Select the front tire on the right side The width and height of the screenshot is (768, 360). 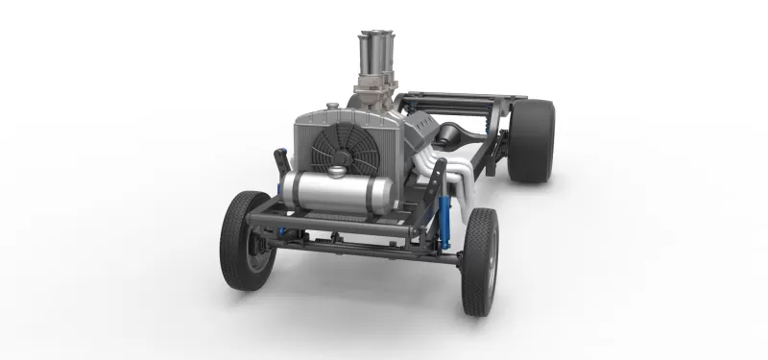click(480, 260)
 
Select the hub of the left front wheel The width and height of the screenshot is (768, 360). click(252, 243)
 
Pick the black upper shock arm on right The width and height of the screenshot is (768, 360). click(438, 177)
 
